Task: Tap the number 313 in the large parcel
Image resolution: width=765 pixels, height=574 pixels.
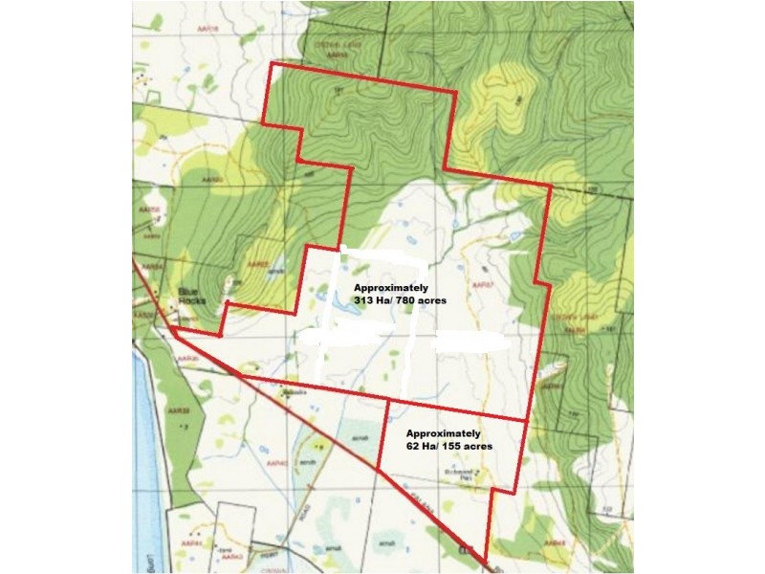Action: click(365, 301)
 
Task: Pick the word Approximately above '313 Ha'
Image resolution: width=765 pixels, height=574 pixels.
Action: click(391, 288)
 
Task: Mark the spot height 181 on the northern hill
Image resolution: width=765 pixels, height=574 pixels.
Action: click(339, 90)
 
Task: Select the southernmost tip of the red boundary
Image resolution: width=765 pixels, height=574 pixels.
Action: click(486, 562)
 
